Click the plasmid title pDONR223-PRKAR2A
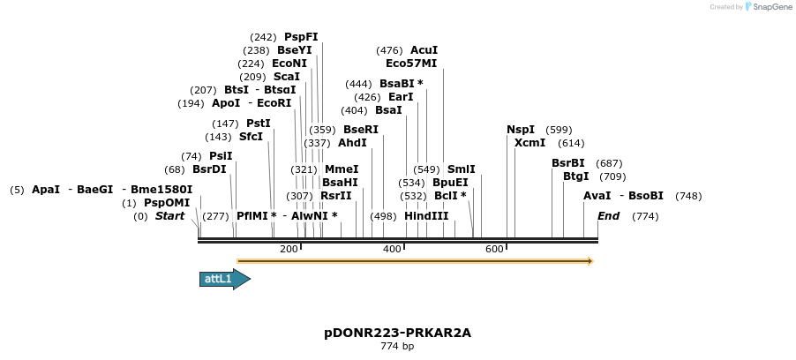click(397, 333)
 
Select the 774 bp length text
click(397, 347)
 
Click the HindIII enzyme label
click(426, 216)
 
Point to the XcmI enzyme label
click(529, 143)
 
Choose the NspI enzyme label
click(521, 130)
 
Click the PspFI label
click(301, 37)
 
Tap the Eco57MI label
click(411, 64)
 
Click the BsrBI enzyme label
click(568, 163)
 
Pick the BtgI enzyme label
click(575, 176)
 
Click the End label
click(608, 216)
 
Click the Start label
click(170, 216)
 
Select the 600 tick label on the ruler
click(494, 249)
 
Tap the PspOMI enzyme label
click(167, 203)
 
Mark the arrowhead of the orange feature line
click(590, 261)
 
